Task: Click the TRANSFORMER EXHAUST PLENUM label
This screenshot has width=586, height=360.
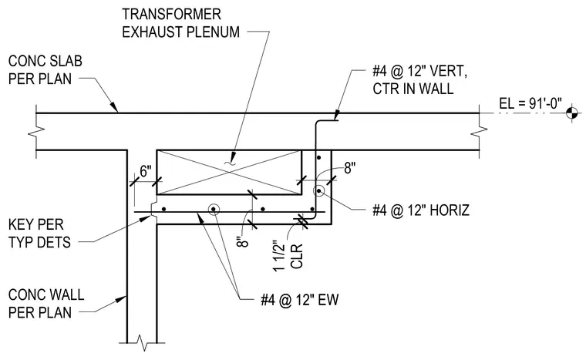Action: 181,23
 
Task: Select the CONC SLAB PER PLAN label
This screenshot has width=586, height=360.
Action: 45,70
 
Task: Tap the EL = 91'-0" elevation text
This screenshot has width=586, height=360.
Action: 530,103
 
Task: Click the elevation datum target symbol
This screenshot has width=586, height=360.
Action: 572,113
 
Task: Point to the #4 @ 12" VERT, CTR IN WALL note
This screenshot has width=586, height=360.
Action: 419,79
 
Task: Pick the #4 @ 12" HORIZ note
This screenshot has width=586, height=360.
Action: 421,210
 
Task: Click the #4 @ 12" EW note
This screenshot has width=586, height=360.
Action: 300,300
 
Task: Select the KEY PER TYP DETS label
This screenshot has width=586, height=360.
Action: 39,234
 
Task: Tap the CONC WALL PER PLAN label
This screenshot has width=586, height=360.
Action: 46,304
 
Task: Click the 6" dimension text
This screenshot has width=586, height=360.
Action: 146,171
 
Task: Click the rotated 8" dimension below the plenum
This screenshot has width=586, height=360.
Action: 243,240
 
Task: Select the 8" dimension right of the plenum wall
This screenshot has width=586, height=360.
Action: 350,168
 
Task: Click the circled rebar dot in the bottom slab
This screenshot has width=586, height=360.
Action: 214,209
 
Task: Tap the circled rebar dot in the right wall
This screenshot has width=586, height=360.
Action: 318,190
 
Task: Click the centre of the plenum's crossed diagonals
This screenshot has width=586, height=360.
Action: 229,173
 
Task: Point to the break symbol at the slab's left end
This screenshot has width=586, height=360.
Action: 37,131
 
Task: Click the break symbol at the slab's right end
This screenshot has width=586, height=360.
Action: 479,131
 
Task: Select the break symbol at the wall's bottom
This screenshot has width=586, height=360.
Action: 142,342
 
